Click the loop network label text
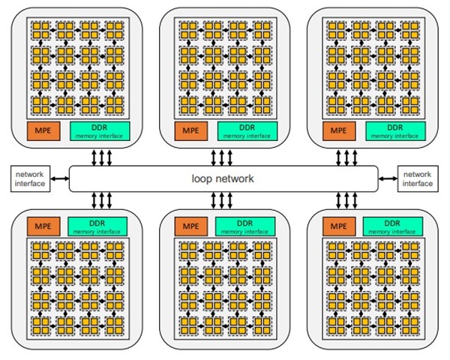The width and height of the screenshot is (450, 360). tap(223, 179)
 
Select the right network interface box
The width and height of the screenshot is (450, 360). tap(417, 178)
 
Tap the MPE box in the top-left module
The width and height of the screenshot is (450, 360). tap(43, 130)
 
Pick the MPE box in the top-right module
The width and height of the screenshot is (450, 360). tap(338, 130)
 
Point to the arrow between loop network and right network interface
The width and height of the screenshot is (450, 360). tap(388, 178)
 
